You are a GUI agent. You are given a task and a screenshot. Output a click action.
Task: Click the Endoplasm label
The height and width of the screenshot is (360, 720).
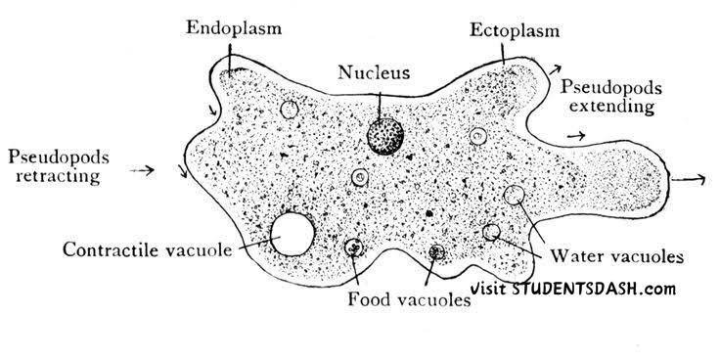click(x=234, y=27)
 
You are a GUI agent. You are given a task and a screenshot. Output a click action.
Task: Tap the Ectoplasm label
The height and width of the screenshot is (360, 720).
click(x=515, y=30)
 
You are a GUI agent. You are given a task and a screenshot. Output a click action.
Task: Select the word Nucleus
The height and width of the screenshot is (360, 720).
click(x=374, y=72)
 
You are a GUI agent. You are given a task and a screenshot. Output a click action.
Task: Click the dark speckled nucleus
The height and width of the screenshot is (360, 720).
click(x=385, y=136)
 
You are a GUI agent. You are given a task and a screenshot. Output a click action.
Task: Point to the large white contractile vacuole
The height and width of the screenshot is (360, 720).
click(x=292, y=234)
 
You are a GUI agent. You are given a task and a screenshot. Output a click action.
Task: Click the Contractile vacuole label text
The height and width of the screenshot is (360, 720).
click(x=148, y=249)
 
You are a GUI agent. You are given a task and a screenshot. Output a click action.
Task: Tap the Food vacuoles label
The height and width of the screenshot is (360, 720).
click(x=409, y=300)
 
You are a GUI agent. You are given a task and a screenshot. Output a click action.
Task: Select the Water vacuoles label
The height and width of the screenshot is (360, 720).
click(x=617, y=255)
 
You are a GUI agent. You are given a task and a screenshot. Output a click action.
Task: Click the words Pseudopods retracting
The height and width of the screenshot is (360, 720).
click(x=59, y=166)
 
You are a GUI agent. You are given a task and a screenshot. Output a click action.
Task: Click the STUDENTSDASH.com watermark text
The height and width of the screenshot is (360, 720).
click(x=594, y=289)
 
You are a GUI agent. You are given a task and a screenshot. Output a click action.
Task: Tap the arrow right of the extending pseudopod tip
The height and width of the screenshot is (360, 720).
click(x=688, y=180)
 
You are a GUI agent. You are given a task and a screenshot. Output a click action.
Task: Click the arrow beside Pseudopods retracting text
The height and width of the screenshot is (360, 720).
click(x=142, y=171)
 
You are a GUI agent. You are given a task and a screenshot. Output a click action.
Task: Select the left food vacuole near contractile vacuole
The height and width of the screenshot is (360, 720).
click(x=353, y=247)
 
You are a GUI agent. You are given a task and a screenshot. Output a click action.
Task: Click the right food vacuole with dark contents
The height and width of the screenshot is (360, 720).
click(x=436, y=251)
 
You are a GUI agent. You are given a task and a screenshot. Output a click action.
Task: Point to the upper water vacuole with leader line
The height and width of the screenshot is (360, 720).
click(x=514, y=195)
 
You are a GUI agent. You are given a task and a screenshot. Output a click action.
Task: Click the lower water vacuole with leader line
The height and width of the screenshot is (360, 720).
click(x=491, y=232)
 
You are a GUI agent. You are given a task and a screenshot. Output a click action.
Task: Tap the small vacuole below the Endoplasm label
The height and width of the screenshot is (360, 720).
click(x=290, y=110)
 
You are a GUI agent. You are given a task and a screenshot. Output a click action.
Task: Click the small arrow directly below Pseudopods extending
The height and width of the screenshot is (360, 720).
click(x=576, y=135)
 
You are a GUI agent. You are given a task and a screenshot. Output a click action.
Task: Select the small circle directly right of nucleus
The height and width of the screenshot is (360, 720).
click(x=478, y=136)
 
